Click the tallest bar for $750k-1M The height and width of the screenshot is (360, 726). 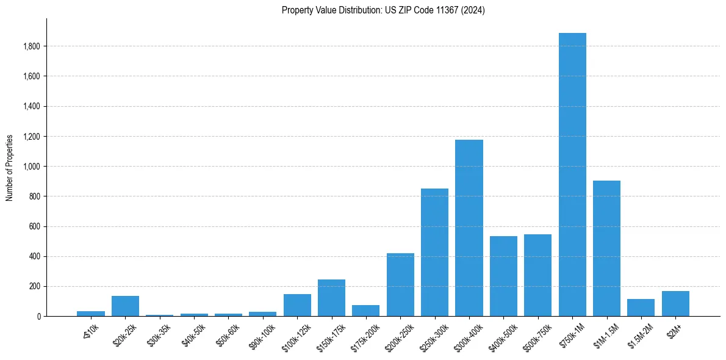click(572, 175)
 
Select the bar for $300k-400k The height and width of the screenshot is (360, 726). click(469, 228)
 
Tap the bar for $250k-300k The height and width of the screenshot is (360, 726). click(434, 253)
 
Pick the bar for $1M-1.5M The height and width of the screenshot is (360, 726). click(606, 248)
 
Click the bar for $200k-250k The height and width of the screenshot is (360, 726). click(400, 285)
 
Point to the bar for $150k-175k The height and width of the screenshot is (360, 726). click(331, 298)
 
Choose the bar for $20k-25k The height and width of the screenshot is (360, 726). click(125, 306)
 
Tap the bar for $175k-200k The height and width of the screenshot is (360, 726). click(365, 311)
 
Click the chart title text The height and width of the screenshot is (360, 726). click(383, 10)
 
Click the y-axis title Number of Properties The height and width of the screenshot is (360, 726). click(10, 168)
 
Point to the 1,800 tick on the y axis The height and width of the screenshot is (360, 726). click(32, 46)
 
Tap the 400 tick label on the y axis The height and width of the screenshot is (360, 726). click(35, 256)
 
